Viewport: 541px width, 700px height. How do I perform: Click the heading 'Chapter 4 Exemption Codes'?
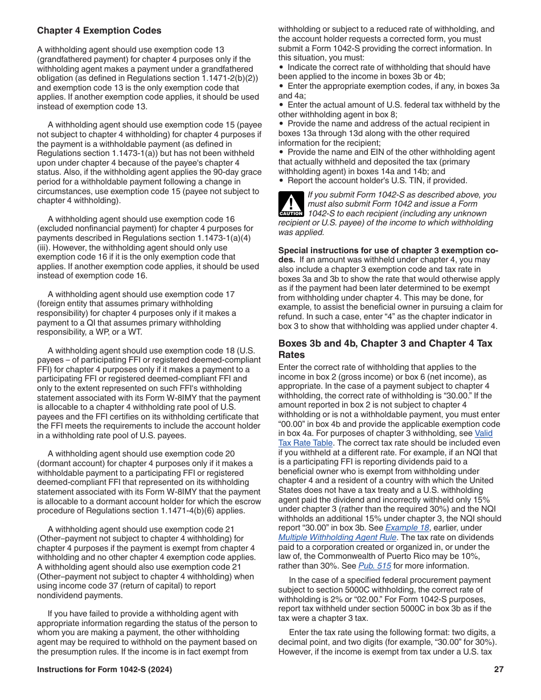click(x=99, y=31)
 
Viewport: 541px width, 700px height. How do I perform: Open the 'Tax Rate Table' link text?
click(x=305, y=443)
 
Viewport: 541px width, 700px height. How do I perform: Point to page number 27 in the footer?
click(x=499, y=669)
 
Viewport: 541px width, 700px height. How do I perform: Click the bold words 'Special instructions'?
click(x=313, y=250)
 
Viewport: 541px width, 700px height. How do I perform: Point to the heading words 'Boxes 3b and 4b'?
click(x=313, y=344)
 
